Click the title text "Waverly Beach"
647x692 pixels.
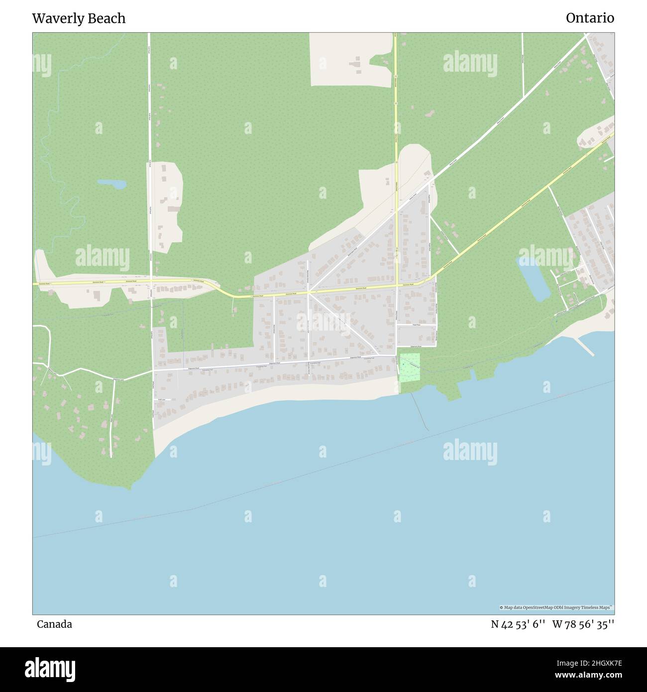click(x=79, y=19)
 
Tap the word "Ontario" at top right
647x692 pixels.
click(x=590, y=18)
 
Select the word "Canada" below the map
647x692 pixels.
click(x=54, y=624)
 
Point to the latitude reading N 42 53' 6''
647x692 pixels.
click(x=516, y=624)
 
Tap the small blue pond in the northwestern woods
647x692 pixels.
click(x=112, y=184)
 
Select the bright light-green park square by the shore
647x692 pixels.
click(x=410, y=367)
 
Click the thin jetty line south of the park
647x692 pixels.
click(x=421, y=411)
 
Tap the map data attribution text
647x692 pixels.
click(x=556, y=607)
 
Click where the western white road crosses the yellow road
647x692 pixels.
click(x=150, y=283)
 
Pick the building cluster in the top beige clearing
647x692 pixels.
click(x=355, y=64)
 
